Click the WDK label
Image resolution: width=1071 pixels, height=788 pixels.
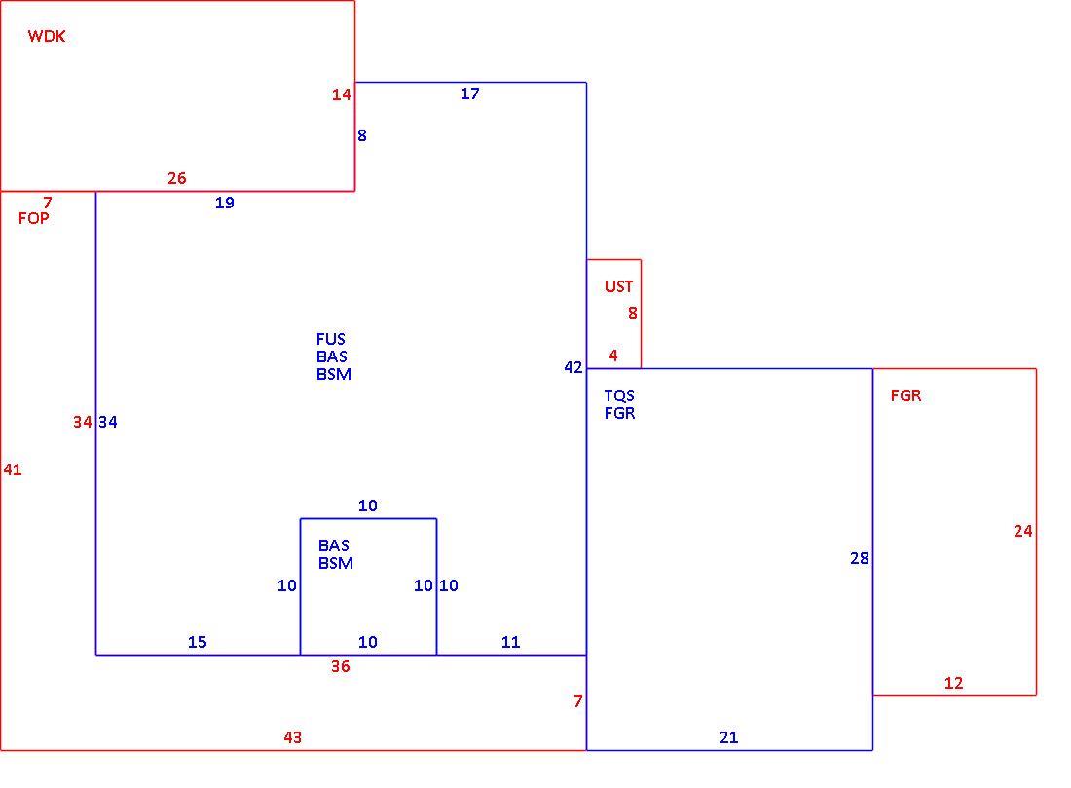pos(47,36)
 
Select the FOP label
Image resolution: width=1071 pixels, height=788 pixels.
pos(33,218)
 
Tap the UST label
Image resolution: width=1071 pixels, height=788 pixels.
pos(619,286)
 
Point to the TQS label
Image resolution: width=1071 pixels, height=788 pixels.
pos(619,395)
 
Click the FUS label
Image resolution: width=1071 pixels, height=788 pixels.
pos(331,339)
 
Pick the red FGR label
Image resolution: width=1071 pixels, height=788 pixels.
pos(905,395)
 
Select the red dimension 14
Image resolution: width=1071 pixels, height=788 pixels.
pos(342,95)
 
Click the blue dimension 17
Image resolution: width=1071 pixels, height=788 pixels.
pos(470,94)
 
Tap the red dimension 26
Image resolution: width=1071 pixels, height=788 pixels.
pos(177,178)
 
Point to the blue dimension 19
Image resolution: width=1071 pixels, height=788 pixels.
pos(225,203)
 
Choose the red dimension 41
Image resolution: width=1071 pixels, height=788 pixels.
pos(13,469)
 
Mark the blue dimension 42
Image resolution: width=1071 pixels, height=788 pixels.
pos(573,367)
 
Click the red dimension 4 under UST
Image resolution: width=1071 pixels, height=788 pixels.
pos(613,356)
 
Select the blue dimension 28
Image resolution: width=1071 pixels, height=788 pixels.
pos(860,558)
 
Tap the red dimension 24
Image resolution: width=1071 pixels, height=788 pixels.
pos(1023,531)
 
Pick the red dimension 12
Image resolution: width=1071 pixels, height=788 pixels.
pos(953,683)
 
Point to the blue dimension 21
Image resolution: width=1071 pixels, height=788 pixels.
pos(729,737)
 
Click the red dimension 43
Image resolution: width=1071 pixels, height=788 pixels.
pos(293,737)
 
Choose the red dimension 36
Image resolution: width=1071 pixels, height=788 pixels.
pos(340,666)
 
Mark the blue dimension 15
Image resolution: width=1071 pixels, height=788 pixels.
pos(198,642)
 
